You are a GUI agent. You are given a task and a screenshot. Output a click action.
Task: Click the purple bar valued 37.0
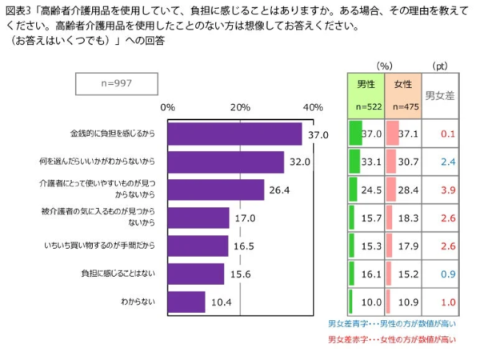pyautogui.click(x=234, y=134)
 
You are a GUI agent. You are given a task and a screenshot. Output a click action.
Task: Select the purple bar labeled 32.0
pyautogui.click(x=226, y=162)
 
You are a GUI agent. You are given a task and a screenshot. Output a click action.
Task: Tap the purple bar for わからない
pyautogui.click(x=186, y=302)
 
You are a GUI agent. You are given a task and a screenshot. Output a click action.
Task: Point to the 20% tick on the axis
pyautogui.click(x=240, y=106)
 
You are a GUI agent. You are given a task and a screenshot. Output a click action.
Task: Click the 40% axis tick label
pyautogui.click(x=313, y=106)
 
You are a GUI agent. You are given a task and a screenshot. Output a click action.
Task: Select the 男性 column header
pyautogui.click(x=366, y=83)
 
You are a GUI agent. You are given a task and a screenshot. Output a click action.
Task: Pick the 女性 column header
pyautogui.click(x=402, y=83)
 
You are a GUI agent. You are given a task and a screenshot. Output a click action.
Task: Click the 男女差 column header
pyautogui.click(x=439, y=95)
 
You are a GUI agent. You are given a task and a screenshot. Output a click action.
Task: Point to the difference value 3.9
pyautogui.click(x=446, y=190)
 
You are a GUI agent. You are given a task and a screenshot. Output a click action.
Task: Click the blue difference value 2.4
pyautogui.click(x=446, y=162)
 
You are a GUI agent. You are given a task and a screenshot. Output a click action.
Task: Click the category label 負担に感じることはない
pyautogui.click(x=118, y=274)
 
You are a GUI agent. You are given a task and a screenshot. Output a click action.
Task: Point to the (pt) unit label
pyautogui.click(x=440, y=66)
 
